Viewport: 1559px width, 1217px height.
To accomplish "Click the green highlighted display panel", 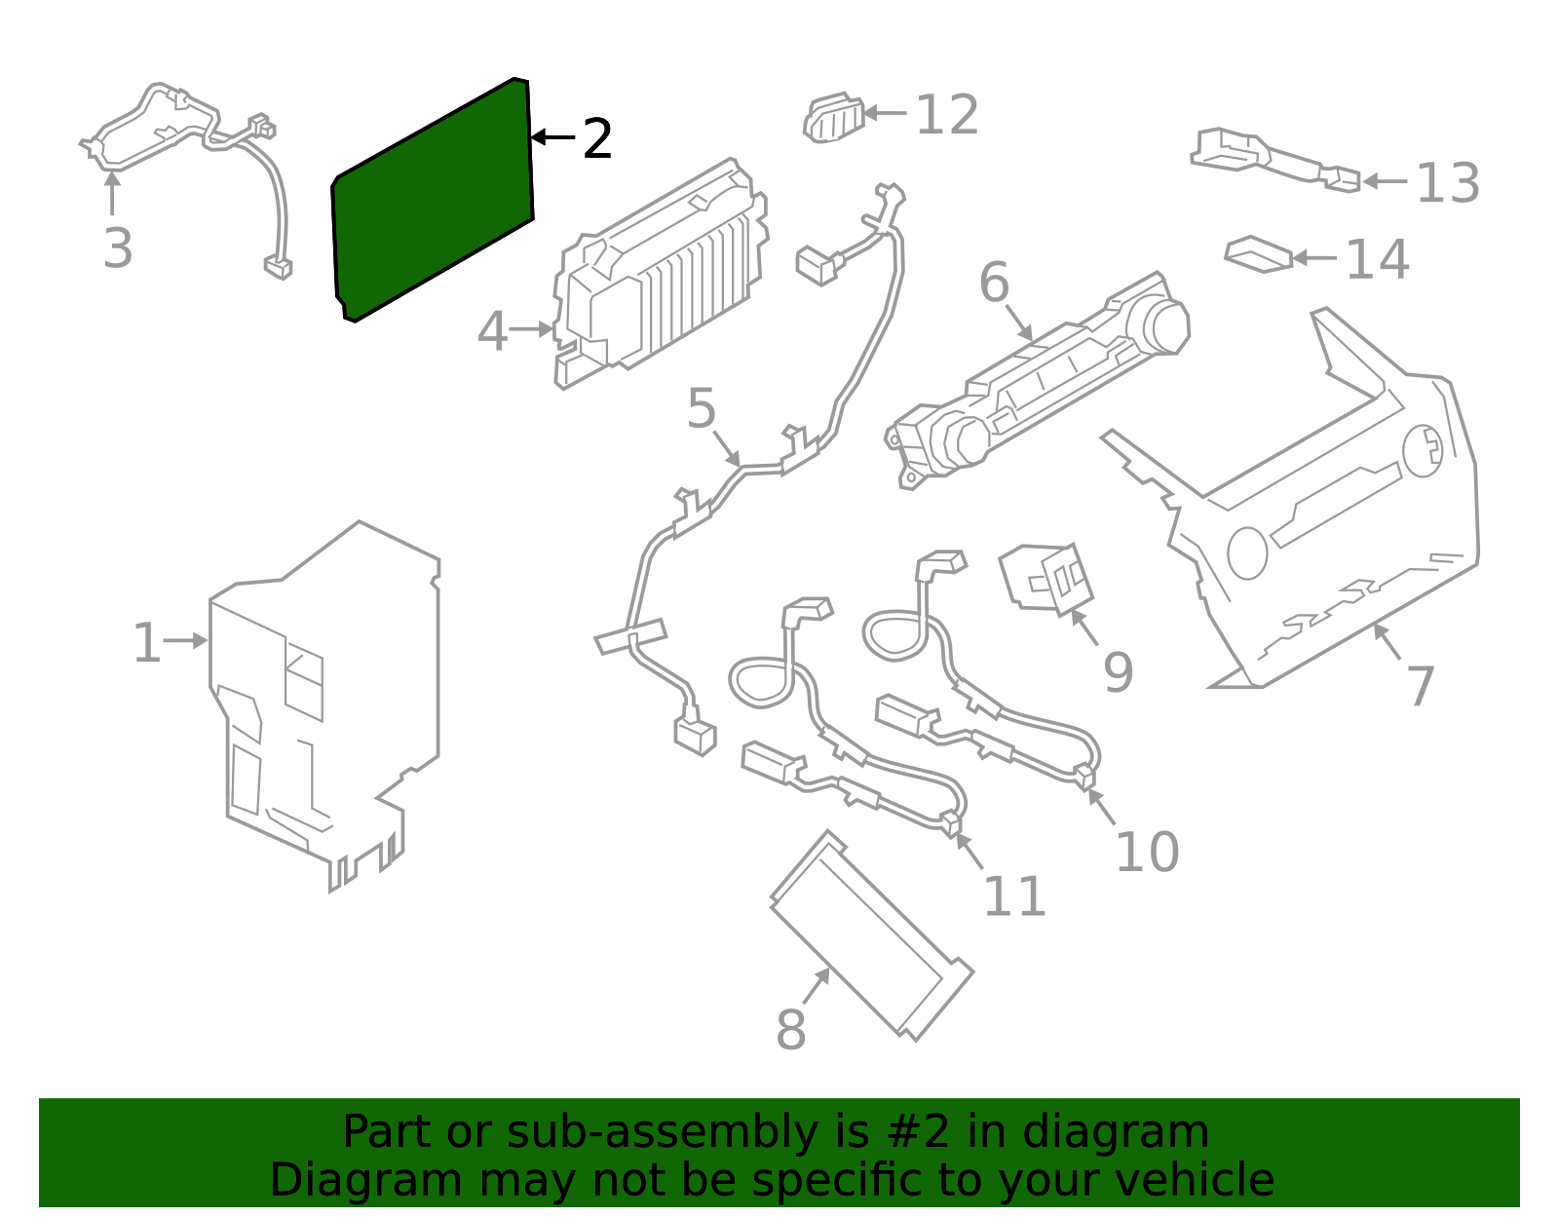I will pyautogui.click(x=434, y=200).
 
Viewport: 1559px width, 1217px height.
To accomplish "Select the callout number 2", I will pyautogui.click(x=597, y=139).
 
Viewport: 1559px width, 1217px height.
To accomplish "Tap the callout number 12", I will pyautogui.click(x=946, y=116).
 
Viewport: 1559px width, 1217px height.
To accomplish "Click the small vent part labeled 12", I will pyautogui.click(x=834, y=119).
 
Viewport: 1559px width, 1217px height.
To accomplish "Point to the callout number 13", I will pyautogui.click(x=1447, y=183).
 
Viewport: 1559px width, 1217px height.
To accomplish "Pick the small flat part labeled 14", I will pyautogui.click(x=1259, y=254).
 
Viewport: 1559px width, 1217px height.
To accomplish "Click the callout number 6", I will pyautogui.click(x=994, y=284).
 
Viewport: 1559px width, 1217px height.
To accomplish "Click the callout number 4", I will pyautogui.click(x=492, y=332).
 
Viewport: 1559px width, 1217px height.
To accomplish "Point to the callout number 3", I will pyautogui.click(x=118, y=248).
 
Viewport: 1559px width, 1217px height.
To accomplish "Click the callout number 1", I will pyautogui.click(x=146, y=644).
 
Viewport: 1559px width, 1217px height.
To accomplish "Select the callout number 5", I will pyautogui.click(x=701, y=408).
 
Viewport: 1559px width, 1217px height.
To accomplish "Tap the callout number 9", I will pyautogui.click(x=1118, y=672).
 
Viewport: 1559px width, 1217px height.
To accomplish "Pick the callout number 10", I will pyautogui.click(x=1147, y=853).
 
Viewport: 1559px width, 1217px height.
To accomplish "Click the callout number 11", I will pyautogui.click(x=1014, y=896).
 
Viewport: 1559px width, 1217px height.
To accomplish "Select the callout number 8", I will pyautogui.click(x=790, y=1030).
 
